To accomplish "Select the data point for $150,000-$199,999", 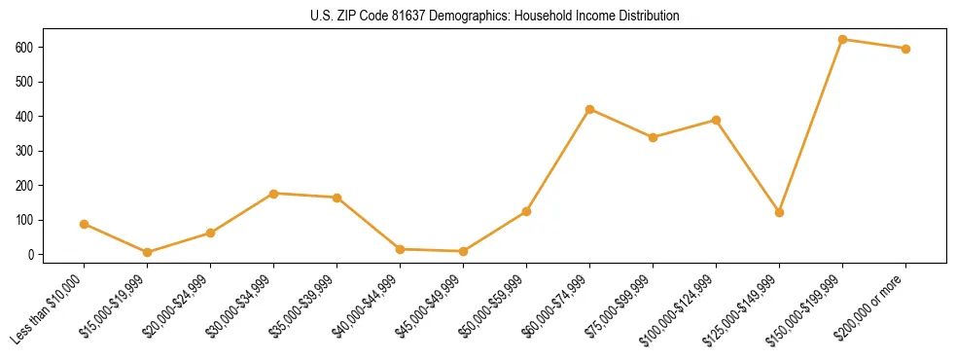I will coord(842,40).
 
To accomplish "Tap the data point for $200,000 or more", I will coord(905,49).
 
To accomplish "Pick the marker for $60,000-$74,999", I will coord(589,109).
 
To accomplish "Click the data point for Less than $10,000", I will coord(84,224).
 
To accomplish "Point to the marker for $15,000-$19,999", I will coord(147,253).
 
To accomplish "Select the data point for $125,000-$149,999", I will coord(779,212).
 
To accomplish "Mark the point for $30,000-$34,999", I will coord(273,194).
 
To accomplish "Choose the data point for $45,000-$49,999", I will coord(463,251).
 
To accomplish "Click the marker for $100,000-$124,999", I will coord(716,120).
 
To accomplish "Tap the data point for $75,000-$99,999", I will coord(653,137).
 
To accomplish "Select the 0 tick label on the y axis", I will coord(34,255).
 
